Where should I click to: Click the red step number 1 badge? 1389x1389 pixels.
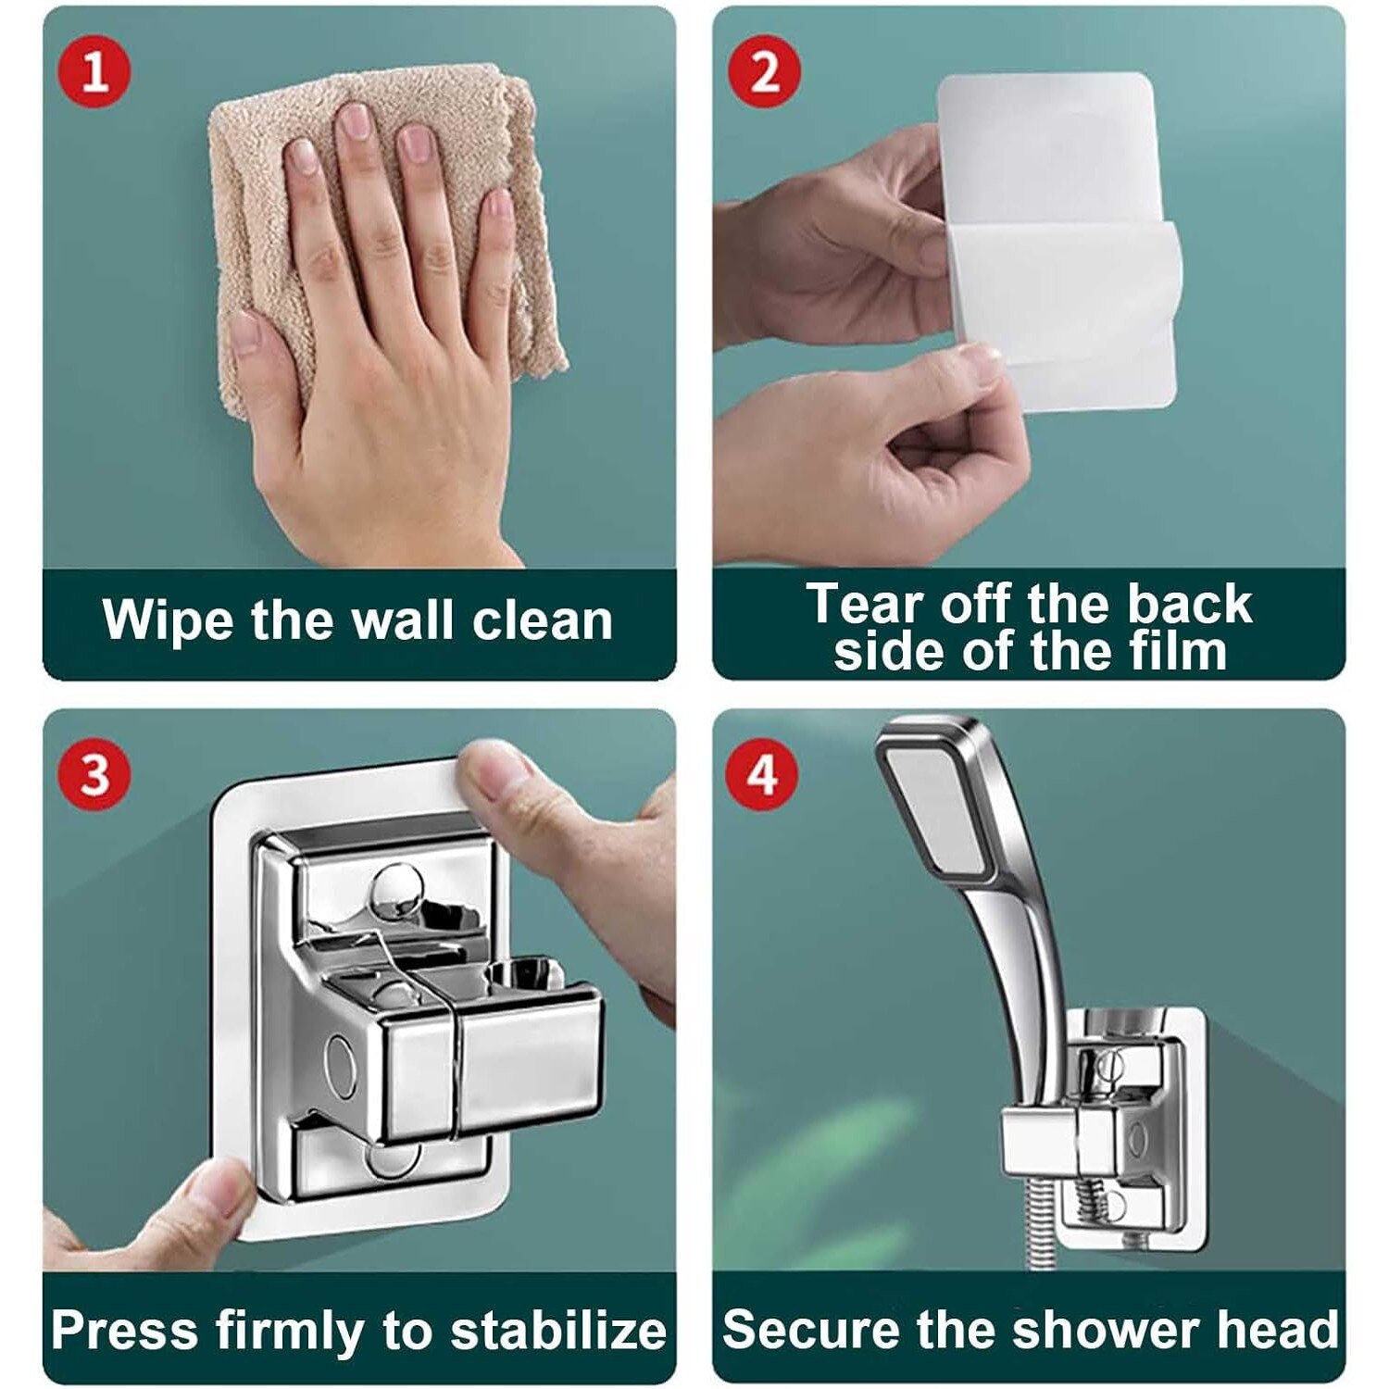pyautogui.click(x=94, y=71)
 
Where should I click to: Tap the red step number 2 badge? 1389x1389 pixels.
pyautogui.click(x=764, y=71)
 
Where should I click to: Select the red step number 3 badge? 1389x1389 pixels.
pyautogui.click(x=94, y=774)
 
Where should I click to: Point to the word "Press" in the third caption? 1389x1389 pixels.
pyautogui.click(x=125, y=1330)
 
